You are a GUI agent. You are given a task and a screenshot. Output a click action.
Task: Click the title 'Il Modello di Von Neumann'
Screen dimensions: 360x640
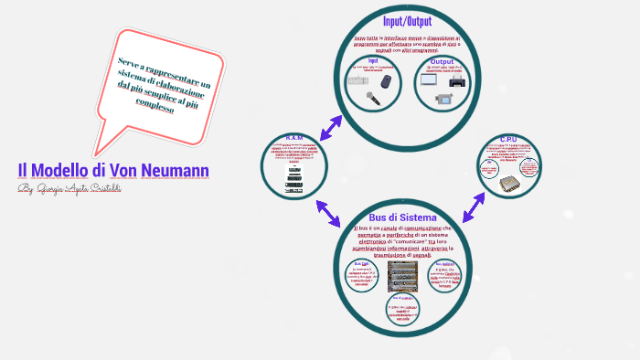click(113, 170)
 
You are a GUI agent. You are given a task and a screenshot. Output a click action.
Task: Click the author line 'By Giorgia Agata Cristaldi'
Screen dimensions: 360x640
click(69, 188)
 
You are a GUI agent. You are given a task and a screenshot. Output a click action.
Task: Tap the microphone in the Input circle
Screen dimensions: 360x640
click(373, 98)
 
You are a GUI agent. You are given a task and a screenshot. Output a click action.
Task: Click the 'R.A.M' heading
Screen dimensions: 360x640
click(294, 138)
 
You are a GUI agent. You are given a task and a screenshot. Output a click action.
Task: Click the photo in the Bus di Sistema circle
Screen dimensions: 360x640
click(402, 274)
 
